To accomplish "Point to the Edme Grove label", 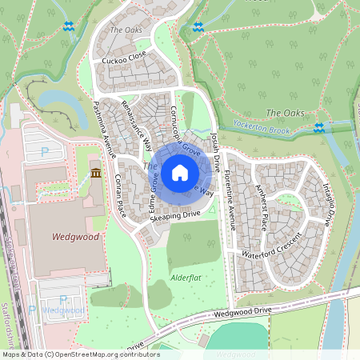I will point(151,193).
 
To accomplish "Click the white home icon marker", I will point(180,171).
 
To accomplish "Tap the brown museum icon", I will point(95,174).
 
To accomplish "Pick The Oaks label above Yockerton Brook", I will point(285,113).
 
